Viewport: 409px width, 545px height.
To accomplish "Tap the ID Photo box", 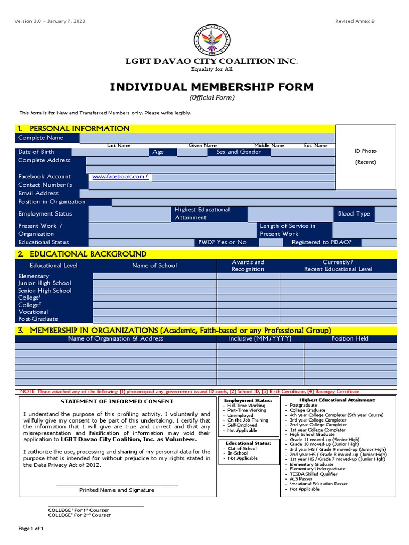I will (365, 156).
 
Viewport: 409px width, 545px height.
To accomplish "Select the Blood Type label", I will (354, 214).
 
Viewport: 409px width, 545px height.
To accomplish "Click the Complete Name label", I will (40, 138).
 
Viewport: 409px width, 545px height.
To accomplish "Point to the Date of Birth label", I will (36, 152).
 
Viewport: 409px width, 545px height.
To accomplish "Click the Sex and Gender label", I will (239, 152).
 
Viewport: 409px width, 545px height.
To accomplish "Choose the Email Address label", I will (38, 193).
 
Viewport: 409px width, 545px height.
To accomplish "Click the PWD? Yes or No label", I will (223, 242).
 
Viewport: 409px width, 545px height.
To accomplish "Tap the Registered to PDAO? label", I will (325, 242).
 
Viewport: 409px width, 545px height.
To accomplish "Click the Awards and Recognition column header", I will (248, 266).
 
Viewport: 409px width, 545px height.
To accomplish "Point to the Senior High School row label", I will (45, 291).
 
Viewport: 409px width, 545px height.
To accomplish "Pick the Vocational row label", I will (33, 312).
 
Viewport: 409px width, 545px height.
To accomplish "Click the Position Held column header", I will (350, 338).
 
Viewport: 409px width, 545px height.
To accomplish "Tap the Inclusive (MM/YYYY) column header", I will (259, 338).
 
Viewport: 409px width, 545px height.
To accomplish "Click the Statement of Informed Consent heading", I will (117, 401).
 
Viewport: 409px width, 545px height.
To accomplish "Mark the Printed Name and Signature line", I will (117, 490).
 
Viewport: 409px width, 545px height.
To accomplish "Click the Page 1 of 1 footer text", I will (31, 529).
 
